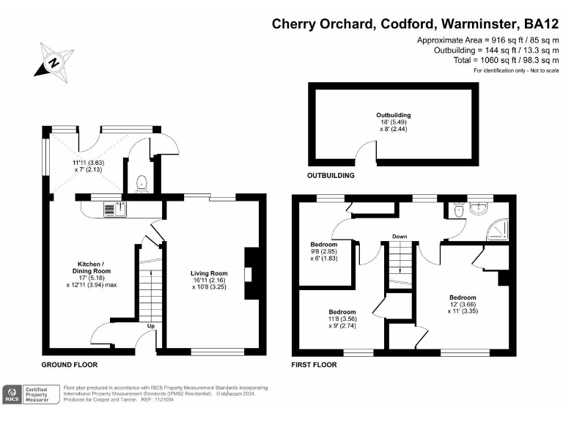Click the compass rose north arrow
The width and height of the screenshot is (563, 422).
[x=53, y=62]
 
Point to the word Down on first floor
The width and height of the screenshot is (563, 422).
[x=400, y=237]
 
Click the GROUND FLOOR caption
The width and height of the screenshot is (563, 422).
[x=70, y=364]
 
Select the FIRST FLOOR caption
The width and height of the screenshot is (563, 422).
[x=314, y=364]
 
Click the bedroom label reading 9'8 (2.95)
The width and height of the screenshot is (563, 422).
[x=323, y=251]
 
